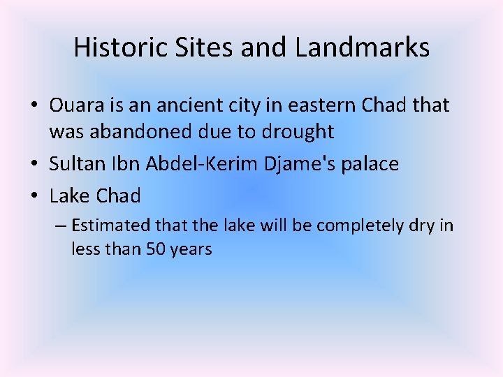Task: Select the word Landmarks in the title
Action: point(362,48)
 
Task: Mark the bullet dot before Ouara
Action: point(33,106)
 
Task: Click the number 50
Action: point(155,249)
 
